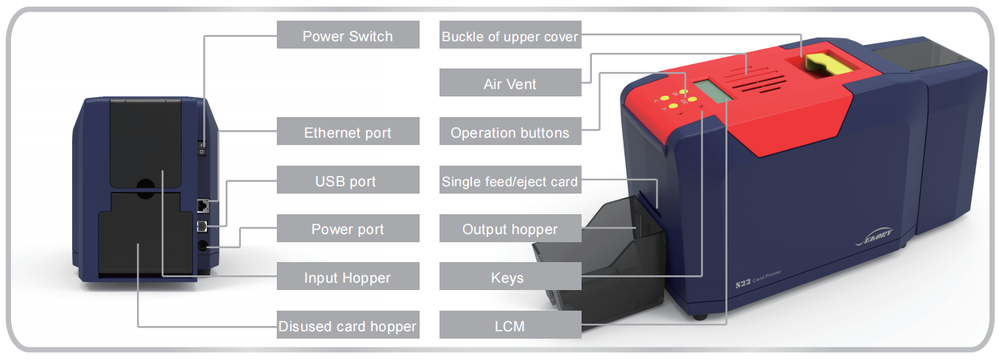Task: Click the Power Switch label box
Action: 347,35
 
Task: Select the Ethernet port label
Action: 347,133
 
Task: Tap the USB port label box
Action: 347,180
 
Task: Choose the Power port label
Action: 347,229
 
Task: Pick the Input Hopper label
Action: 347,278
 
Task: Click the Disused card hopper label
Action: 347,326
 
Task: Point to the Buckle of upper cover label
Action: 510,36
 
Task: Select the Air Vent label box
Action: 510,84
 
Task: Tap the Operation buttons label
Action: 510,133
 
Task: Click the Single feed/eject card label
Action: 510,180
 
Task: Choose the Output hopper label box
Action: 510,229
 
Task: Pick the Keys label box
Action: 510,278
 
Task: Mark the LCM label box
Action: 510,325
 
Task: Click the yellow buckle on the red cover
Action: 827,64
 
